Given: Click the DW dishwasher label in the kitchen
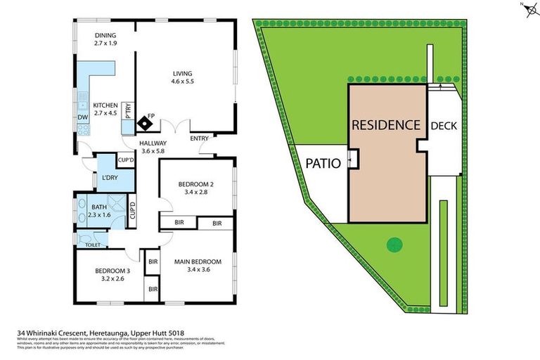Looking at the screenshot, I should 82,117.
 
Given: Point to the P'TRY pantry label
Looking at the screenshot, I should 128,110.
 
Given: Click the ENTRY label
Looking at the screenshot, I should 200,139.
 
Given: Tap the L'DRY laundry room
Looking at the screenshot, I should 110,177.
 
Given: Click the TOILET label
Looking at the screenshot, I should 93,245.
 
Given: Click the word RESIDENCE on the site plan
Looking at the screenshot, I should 386,125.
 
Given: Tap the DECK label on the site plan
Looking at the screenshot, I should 444,126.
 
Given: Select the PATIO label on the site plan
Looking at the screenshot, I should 323,163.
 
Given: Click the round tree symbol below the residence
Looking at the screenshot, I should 395,245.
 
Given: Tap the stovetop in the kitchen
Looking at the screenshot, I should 83,130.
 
